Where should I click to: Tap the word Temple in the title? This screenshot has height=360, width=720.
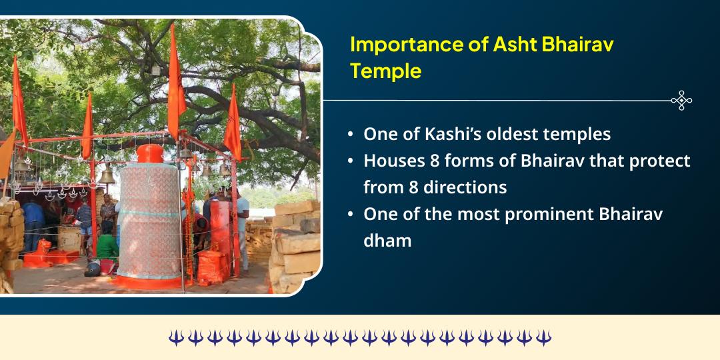386,71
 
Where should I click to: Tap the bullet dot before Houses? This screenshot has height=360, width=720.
351,161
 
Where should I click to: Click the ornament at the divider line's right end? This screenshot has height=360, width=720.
681,101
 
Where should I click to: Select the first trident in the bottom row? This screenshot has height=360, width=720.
175,338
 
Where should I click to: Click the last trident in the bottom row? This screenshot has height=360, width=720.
544,338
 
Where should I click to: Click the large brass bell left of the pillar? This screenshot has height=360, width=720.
107,175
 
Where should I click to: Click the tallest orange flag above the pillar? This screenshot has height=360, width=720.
174,80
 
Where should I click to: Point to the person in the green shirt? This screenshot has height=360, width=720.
107,243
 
